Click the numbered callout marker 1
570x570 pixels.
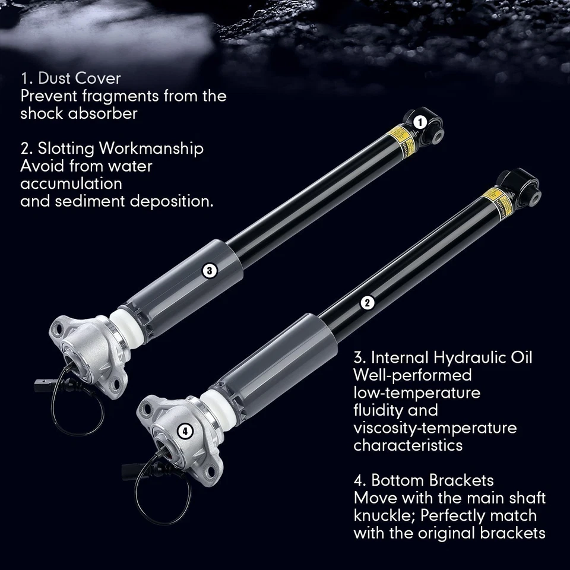pyautogui.click(x=420, y=123)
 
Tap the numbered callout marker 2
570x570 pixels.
pyautogui.click(x=368, y=302)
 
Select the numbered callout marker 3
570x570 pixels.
pyautogui.click(x=208, y=271)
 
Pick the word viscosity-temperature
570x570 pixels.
pyautogui.click(x=435, y=428)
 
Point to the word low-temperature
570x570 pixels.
pyautogui.click(x=417, y=393)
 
